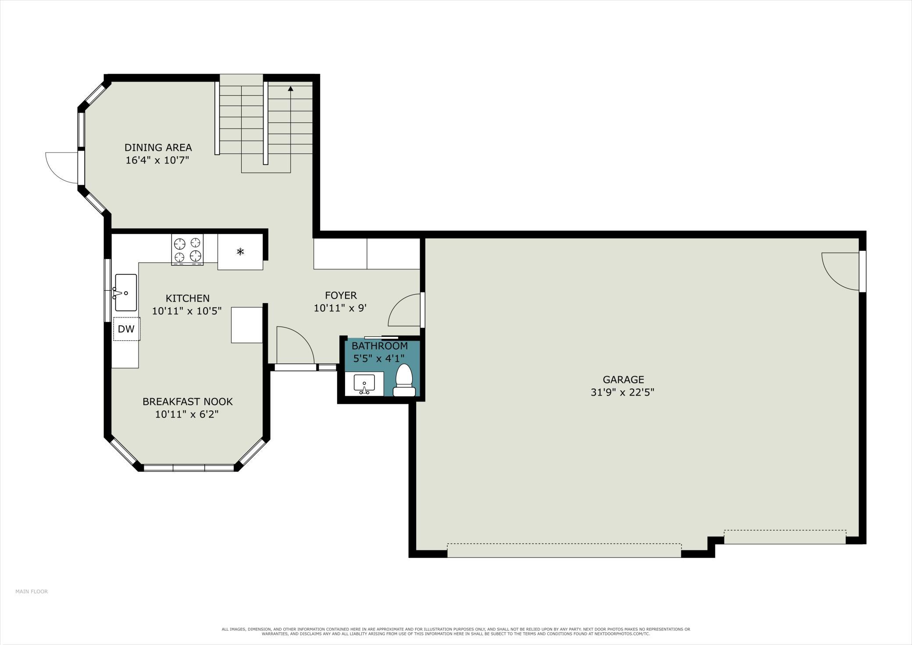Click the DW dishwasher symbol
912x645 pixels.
point(127,329)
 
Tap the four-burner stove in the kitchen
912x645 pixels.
point(187,250)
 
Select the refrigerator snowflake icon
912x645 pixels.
point(240,252)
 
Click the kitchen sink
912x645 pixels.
point(126,292)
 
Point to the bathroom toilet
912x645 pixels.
point(404,380)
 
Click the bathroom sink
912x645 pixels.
point(364,384)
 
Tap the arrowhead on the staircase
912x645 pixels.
point(290,89)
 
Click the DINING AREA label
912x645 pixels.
point(158,147)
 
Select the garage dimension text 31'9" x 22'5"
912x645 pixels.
point(623,392)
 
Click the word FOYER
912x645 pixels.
point(341,296)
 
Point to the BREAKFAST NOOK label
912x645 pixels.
point(188,402)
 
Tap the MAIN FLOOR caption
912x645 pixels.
point(32,592)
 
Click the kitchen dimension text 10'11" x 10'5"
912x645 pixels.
point(187,311)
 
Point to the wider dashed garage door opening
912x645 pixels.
point(564,550)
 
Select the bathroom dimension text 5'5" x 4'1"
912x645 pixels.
point(379,359)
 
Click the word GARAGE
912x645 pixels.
point(623,380)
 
